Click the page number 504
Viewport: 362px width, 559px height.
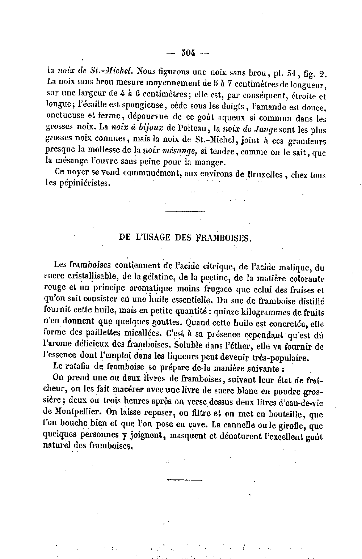click(188, 53)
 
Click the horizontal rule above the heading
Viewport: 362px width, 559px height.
click(185, 211)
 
